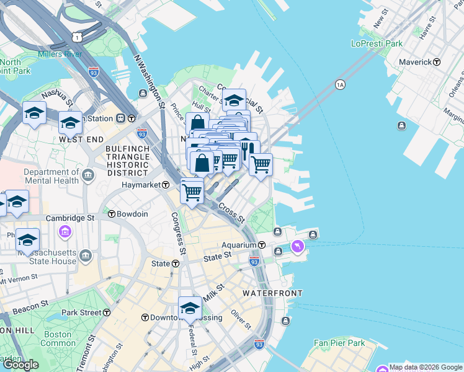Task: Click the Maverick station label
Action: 415,62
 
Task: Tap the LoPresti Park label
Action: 377,43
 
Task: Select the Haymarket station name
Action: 140,185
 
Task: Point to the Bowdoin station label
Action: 133,214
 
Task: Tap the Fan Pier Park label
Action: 339,343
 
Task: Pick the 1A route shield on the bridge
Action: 339,84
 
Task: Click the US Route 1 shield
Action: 76,37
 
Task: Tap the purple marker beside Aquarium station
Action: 298,247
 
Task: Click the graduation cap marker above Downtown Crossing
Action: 190,308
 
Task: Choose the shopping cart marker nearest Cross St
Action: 192,192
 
